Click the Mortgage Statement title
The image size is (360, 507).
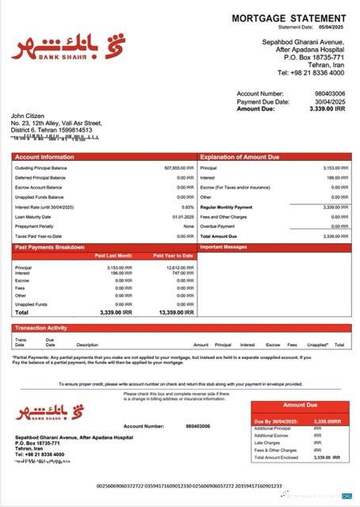(x=289, y=18)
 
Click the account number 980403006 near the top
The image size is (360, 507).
(x=329, y=93)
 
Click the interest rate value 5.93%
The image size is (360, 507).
(x=187, y=206)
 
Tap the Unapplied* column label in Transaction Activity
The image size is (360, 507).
(x=317, y=345)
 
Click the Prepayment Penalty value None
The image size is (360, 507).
(x=189, y=226)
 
